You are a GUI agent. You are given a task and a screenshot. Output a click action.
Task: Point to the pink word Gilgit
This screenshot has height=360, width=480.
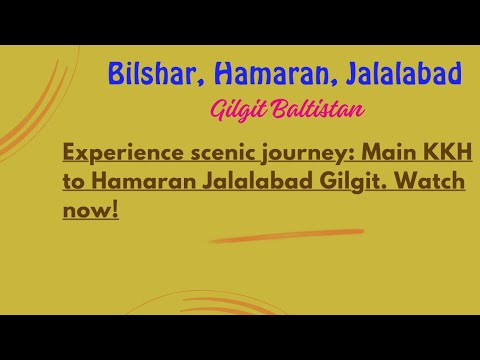(x=238, y=110)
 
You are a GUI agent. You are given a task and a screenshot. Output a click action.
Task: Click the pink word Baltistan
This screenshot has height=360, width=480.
(x=318, y=109)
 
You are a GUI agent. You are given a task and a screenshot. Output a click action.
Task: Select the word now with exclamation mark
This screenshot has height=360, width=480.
(x=91, y=210)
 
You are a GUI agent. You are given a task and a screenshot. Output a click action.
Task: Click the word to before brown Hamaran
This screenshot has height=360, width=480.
(x=74, y=182)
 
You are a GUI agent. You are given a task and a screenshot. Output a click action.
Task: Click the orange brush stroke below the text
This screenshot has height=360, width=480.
(x=287, y=235)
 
